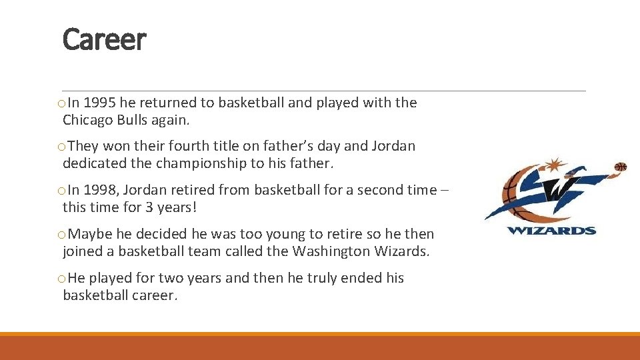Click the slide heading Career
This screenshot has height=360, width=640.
pos(103,40)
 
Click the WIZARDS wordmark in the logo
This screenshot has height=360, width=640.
pos(551,231)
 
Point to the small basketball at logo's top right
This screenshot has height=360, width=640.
pos(621,166)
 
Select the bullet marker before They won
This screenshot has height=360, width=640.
pos(61,147)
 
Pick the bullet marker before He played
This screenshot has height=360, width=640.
pos(61,279)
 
